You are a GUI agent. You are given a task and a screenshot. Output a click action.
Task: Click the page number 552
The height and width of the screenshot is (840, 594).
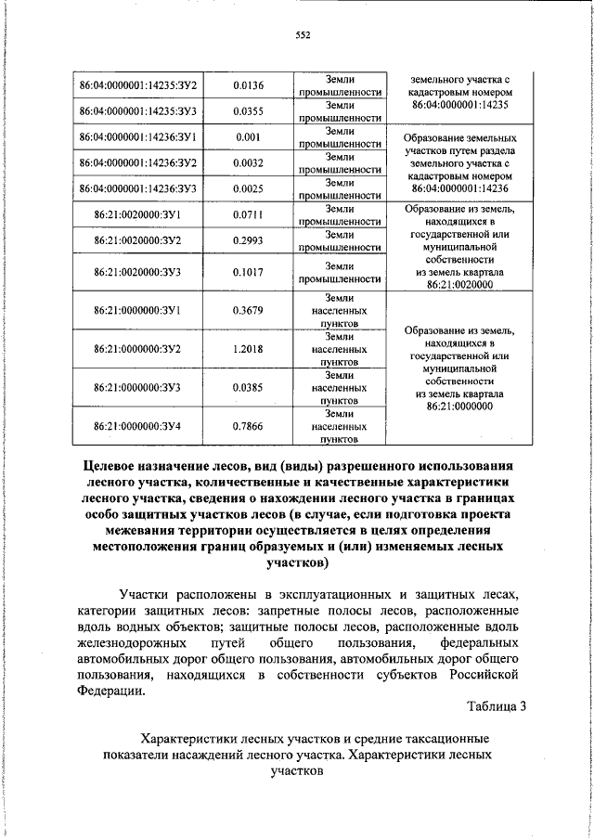click(x=303, y=35)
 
